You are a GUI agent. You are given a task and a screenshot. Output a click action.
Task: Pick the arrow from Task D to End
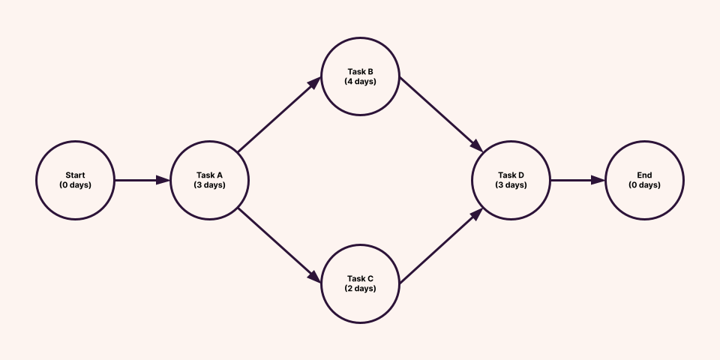pyautogui.click(x=577, y=180)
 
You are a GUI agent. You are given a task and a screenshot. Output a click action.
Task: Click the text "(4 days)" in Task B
pyautogui.click(x=360, y=81)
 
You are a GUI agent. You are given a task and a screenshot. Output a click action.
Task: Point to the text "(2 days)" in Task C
pyautogui.click(x=360, y=288)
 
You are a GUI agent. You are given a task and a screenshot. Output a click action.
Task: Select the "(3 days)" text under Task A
pyautogui.click(x=209, y=184)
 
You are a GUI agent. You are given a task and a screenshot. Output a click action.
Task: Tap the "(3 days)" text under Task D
pyautogui.click(x=511, y=184)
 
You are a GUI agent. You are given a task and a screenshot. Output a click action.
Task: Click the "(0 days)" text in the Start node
pyautogui.click(x=75, y=184)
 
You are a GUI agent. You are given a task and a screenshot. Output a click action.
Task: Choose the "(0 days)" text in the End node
pyautogui.click(x=645, y=184)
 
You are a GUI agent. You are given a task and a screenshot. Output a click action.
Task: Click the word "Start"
pyautogui.click(x=75, y=175)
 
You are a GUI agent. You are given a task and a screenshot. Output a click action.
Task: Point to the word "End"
pyautogui.click(x=645, y=175)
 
